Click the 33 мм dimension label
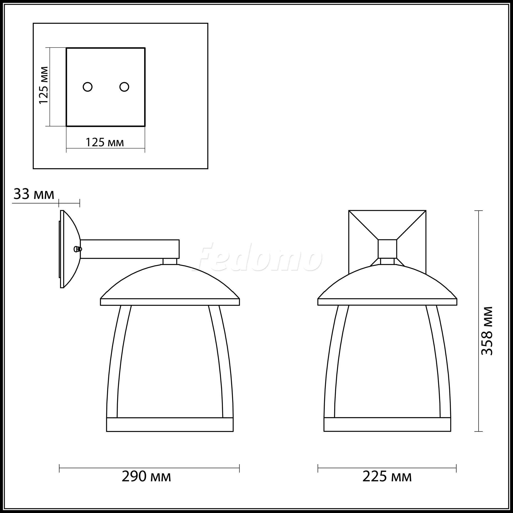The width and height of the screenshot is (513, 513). [34, 194]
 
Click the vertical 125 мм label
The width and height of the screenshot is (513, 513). [44, 85]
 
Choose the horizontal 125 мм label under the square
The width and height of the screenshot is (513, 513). [105, 143]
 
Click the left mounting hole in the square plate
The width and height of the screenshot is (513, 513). [88, 87]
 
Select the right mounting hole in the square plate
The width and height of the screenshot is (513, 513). [124, 87]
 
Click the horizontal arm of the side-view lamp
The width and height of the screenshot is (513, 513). [130, 249]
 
